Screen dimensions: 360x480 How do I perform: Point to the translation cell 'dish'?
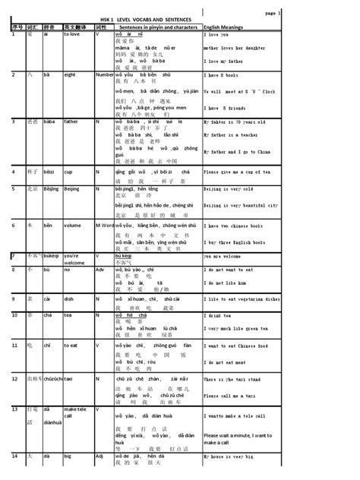click(71, 320)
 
